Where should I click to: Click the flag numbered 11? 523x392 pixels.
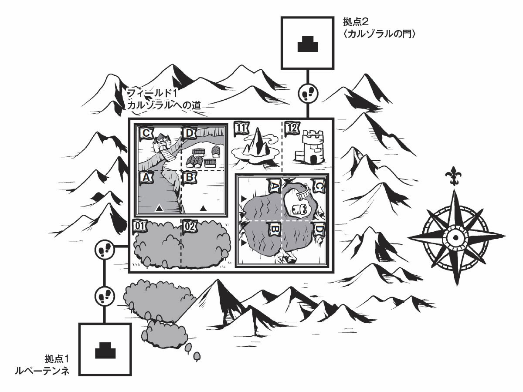241,128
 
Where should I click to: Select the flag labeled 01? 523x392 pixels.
139,226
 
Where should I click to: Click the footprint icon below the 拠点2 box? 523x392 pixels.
308,92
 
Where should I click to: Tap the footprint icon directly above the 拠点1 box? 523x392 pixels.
104,297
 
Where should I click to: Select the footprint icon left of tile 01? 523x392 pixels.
104,250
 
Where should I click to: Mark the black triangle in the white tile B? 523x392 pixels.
203,208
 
